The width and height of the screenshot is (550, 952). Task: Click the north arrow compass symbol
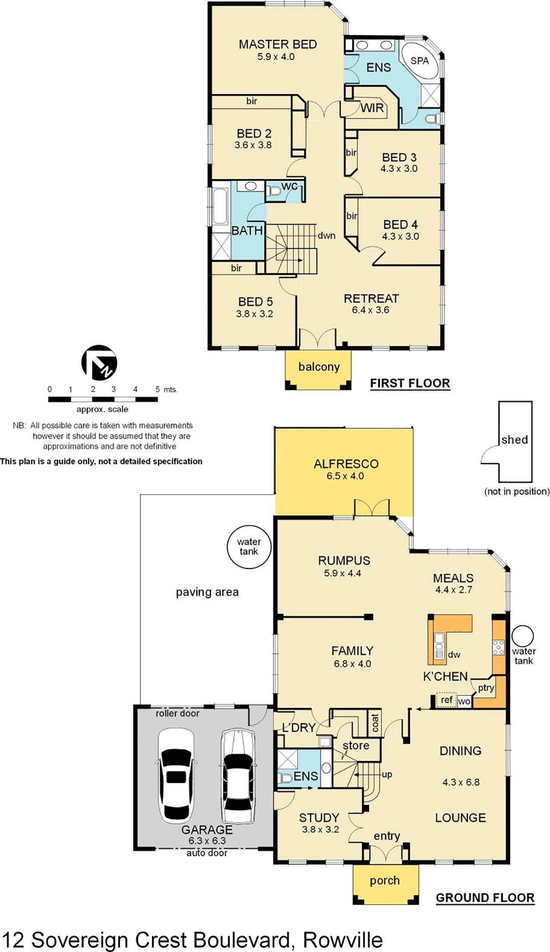point(99,362)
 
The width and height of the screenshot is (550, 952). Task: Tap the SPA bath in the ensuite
point(420,61)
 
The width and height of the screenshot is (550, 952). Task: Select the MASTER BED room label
point(278,44)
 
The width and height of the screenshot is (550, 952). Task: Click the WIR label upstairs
point(372,108)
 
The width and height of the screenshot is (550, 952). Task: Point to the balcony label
point(319,367)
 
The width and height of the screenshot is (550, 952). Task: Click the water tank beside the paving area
point(249,547)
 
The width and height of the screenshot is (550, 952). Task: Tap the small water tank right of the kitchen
point(522,636)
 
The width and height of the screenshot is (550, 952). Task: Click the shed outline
point(515,440)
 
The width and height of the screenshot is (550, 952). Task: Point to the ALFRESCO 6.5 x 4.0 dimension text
point(345,476)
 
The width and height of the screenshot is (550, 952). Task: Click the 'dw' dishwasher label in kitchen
point(454,655)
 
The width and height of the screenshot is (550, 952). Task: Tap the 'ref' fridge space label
point(446,700)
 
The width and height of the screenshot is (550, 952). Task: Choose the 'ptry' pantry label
point(486,688)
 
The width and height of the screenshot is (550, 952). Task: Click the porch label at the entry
point(384,880)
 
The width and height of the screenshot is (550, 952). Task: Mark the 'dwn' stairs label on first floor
point(326,236)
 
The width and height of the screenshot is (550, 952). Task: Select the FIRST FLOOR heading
point(410,383)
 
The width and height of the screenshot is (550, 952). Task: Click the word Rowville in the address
point(342,940)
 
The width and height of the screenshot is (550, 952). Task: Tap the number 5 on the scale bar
point(157,389)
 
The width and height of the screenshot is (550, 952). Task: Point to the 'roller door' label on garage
point(177,714)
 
